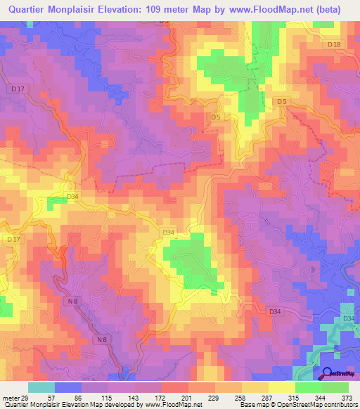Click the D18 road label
click(x=334, y=45)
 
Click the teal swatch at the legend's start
click(x=41, y=388)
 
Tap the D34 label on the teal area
click(x=349, y=320)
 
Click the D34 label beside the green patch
click(x=168, y=233)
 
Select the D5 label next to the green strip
click(x=281, y=103)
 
